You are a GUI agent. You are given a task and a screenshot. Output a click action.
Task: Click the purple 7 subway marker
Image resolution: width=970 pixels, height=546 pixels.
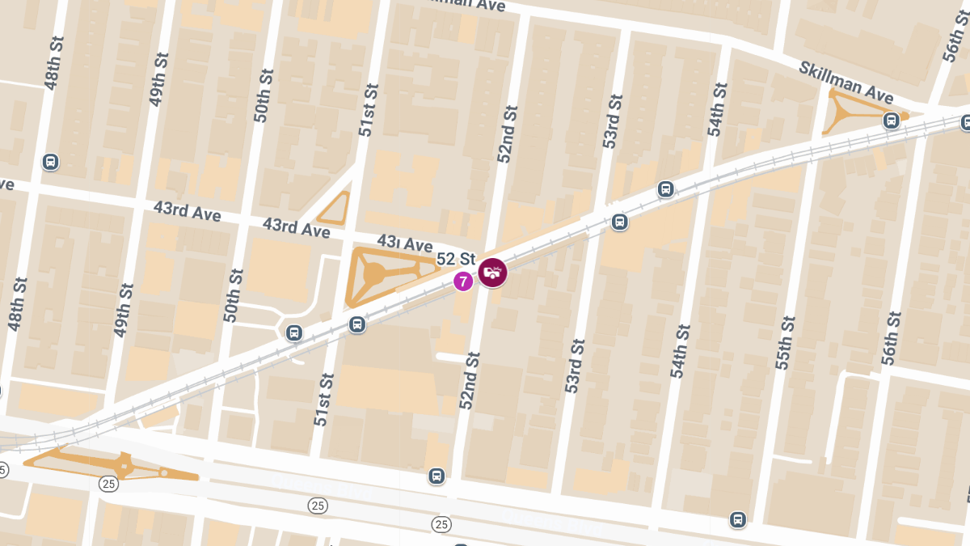[463, 281]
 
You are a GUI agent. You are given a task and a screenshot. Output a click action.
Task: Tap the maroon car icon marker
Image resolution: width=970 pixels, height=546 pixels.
[492, 273]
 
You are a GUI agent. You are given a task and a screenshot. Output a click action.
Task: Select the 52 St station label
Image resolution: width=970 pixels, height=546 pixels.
[456, 260]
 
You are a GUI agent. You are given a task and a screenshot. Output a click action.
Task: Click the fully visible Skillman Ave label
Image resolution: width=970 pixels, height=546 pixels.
[846, 82]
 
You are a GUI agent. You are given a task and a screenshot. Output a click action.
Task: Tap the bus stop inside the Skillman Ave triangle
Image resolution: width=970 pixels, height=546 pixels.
[891, 121]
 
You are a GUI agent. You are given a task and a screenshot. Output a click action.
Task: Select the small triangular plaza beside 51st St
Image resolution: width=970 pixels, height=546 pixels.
[335, 210]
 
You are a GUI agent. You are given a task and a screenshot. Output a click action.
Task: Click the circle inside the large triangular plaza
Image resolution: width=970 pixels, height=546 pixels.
[374, 274]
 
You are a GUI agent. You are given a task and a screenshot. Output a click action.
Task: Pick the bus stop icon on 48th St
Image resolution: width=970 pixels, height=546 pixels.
[51, 162]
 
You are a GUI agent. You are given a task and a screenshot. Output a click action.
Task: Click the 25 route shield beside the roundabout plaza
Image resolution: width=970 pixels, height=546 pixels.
[109, 484]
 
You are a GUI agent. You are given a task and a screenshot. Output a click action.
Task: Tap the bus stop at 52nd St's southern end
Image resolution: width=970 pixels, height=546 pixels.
[436, 476]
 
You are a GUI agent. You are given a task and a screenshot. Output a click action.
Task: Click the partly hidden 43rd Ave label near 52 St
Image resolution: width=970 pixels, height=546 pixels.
[404, 243]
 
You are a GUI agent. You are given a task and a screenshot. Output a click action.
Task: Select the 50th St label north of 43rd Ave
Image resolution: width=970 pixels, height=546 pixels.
[264, 95]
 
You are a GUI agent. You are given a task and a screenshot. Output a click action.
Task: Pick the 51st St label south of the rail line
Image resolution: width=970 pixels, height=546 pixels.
[323, 400]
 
